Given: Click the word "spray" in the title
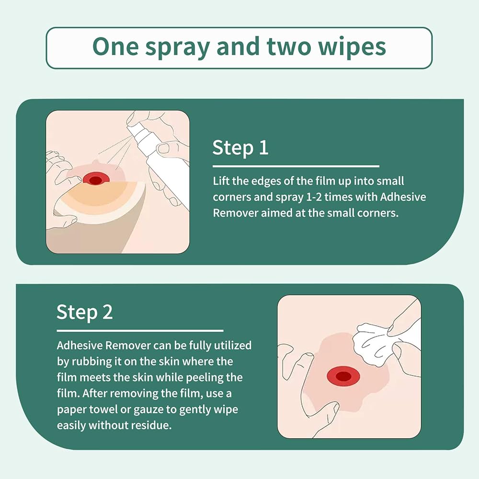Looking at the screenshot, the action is (x=177, y=47).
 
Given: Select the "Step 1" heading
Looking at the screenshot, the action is (x=240, y=148).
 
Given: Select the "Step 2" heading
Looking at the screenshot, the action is (x=85, y=312).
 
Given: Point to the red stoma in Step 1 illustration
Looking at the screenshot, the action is (x=95, y=180).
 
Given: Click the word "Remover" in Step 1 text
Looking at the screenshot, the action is (x=236, y=213).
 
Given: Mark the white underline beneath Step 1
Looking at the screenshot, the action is (x=296, y=167).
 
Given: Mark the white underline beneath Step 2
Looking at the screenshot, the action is (x=140, y=331).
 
